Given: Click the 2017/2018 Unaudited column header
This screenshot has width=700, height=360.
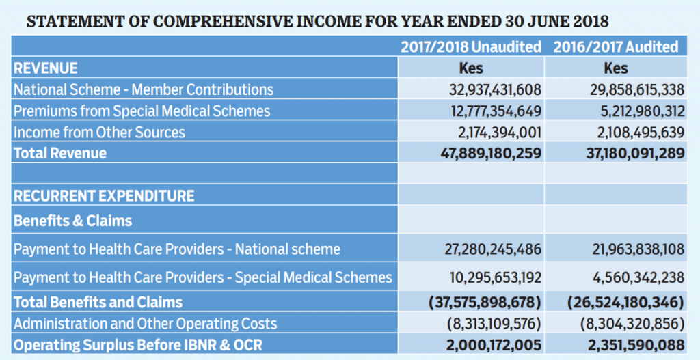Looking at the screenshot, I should [x=470, y=47].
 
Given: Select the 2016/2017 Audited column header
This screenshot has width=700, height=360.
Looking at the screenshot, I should [x=615, y=47].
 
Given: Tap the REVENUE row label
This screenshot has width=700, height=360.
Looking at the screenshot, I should [x=46, y=68].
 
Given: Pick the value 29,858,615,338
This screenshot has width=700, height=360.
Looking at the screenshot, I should [x=637, y=89].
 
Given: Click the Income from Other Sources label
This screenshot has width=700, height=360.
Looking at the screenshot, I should [x=99, y=132].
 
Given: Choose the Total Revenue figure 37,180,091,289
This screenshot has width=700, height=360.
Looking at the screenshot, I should [x=635, y=153].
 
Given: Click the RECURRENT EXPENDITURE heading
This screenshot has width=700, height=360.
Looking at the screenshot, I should [x=104, y=196].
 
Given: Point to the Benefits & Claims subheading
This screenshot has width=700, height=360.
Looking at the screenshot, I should [x=72, y=221].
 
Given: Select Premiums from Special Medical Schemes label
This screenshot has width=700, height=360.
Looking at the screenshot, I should [x=142, y=111].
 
